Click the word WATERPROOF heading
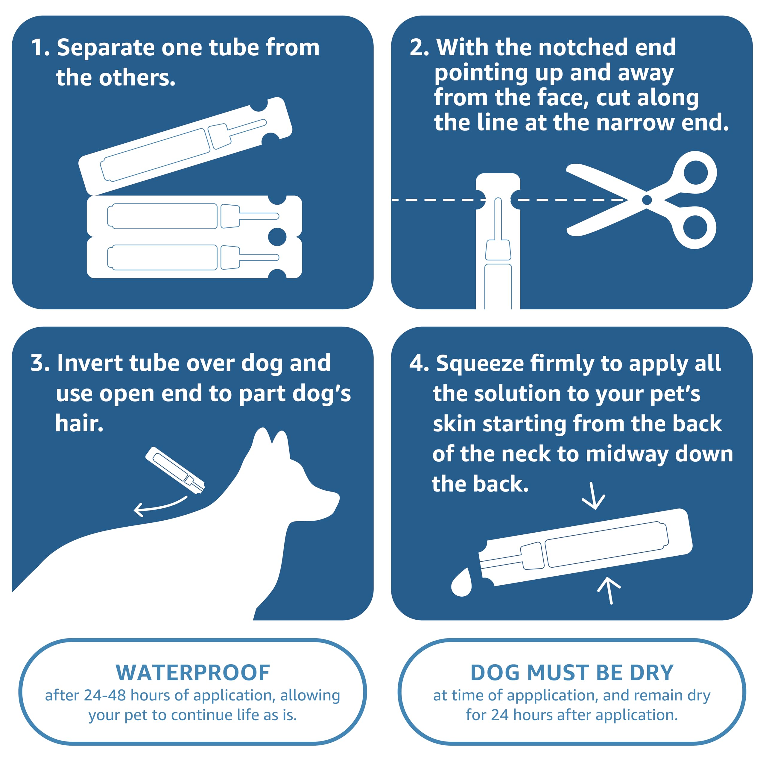193,673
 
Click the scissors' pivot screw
647,200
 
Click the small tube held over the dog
175,470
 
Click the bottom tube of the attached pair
194,257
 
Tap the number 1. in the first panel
40,48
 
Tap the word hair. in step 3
79,423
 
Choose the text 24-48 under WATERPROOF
105,696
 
